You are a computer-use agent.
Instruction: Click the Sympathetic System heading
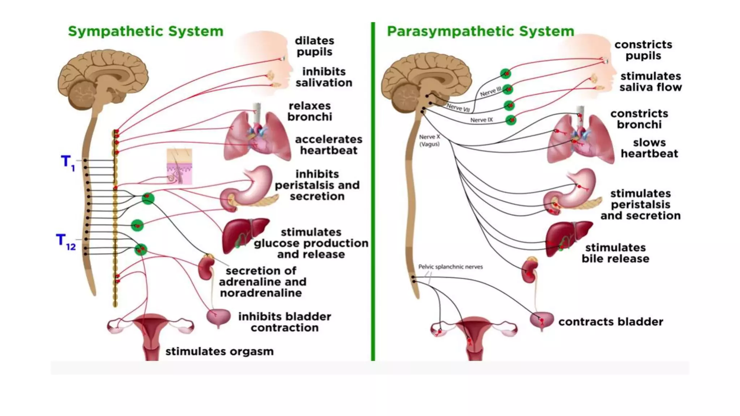pyautogui.click(x=146, y=31)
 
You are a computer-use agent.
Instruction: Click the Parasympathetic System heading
pyautogui.click(x=480, y=31)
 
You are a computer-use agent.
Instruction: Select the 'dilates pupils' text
pyautogui.click(x=314, y=46)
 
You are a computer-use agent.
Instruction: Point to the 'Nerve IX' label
pyautogui.click(x=481, y=120)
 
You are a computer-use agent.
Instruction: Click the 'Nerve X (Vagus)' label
pyautogui.click(x=429, y=140)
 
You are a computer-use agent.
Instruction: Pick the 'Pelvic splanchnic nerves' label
pyautogui.click(x=450, y=267)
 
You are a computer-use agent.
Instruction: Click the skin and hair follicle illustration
pyautogui.click(x=179, y=166)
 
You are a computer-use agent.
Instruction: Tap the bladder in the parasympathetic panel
pyautogui.click(x=541, y=320)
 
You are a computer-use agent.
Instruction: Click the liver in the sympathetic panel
pyautogui.click(x=244, y=235)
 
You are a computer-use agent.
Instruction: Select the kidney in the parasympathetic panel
pyautogui.click(x=530, y=271)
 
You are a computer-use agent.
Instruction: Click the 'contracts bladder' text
pyautogui.click(x=611, y=322)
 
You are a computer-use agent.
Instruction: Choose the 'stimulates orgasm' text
pyautogui.click(x=219, y=351)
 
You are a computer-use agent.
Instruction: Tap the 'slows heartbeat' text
pyautogui.click(x=649, y=148)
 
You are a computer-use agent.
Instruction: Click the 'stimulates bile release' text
pyautogui.click(x=615, y=253)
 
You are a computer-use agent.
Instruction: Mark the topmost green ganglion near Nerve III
pyautogui.click(x=505, y=74)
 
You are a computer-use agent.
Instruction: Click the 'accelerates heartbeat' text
pyautogui.click(x=328, y=145)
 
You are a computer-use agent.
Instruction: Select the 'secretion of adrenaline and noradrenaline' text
pyautogui.click(x=262, y=282)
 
